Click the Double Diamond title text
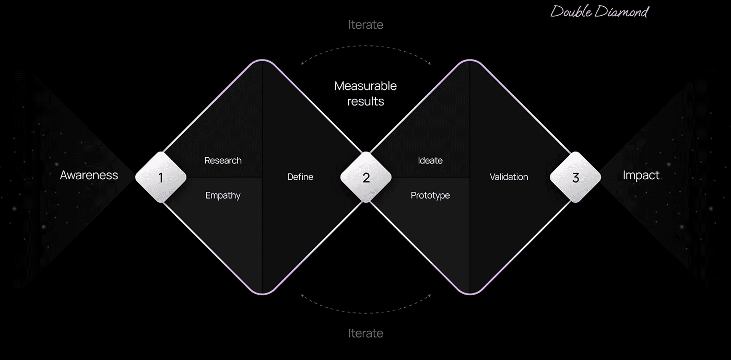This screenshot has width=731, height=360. (599, 11)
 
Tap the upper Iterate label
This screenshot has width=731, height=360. (365, 25)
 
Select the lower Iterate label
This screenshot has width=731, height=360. (365, 333)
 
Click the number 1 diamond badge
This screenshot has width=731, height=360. (161, 178)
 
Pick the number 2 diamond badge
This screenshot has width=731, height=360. (366, 178)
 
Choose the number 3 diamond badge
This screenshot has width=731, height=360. (575, 178)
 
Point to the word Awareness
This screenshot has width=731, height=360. (89, 175)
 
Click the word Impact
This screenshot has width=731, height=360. (641, 175)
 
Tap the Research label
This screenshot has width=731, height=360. (223, 160)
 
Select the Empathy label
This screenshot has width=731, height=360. (223, 195)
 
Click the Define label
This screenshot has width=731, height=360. (300, 177)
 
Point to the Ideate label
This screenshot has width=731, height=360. (430, 160)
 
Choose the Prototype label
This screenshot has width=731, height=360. (430, 195)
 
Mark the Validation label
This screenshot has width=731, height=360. (509, 177)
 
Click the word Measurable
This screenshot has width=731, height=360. (365, 86)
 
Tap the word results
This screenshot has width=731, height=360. (365, 101)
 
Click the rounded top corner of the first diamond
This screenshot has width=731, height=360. (262, 61)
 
